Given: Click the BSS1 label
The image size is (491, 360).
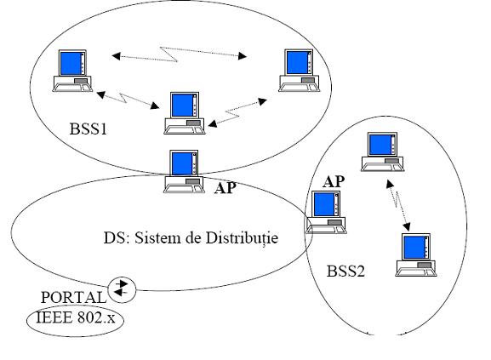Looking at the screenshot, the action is point(88,129).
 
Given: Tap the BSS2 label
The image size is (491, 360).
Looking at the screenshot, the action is point(345,271).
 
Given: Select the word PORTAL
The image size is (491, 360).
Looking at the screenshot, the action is point(73,297).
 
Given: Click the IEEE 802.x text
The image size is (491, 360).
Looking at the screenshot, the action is point(76,317).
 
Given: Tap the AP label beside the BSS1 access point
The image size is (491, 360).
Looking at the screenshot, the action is point(226,187).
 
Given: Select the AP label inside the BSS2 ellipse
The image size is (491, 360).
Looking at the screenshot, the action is point(334,181).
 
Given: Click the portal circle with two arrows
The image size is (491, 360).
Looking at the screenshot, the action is point(122,290).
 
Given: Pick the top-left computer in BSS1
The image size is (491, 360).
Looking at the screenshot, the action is point(72,71).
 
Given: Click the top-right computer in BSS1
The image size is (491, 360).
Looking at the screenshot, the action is point(299,71).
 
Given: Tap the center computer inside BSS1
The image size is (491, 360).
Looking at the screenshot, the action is point(185,113).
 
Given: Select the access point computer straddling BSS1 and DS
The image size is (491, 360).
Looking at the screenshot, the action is point(184,171).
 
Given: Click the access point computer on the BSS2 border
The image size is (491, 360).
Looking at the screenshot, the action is point(326,212).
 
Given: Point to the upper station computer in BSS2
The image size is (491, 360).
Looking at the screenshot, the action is point(382,151).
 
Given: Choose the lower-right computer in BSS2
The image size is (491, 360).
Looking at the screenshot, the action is point(416,254).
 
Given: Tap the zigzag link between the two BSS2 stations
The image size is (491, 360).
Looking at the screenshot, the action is point(397,205).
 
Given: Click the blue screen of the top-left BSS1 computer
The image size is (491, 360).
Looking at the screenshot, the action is point(70,64).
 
